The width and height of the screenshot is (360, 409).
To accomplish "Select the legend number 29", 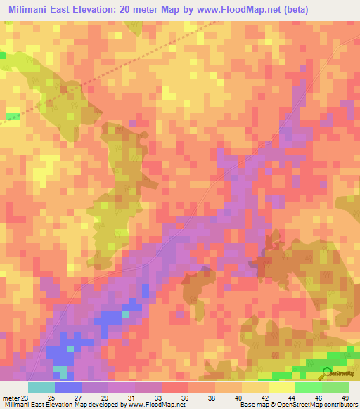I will (x=105, y=397).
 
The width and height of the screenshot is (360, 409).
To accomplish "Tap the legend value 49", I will (x=344, y=397).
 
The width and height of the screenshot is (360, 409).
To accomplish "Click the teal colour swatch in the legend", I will (x=41, y=387).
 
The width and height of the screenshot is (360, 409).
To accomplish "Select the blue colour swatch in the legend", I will (x=68, y=387).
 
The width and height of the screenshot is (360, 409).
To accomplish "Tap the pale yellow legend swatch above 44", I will (x=281, y=387).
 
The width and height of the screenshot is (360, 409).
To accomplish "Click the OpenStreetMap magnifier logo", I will (x=328, y=372).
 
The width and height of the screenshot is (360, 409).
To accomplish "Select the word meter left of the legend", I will (x=10, y=397).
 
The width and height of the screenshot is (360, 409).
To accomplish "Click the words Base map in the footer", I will (x=252, y=405).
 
